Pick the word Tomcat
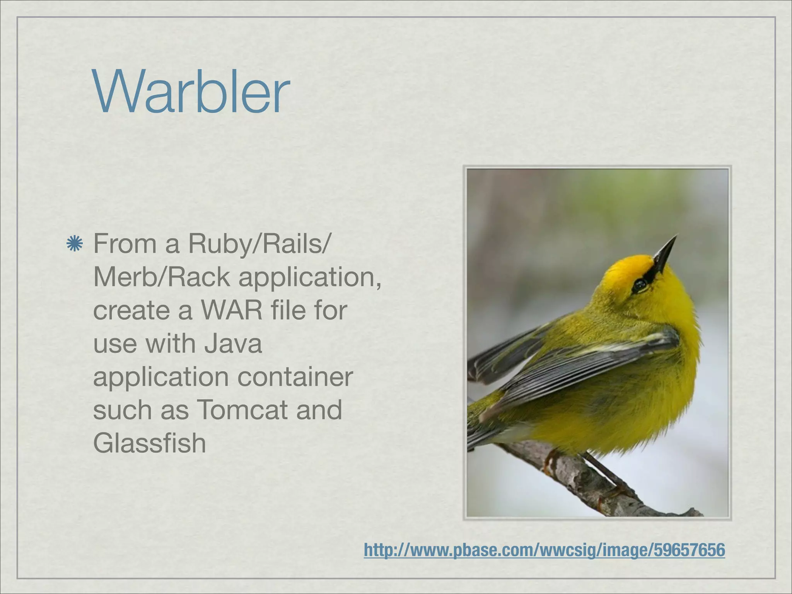coord(243,410)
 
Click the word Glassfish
coord(149,443)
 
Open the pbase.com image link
coord(544,550)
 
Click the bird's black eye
coord(640,286)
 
